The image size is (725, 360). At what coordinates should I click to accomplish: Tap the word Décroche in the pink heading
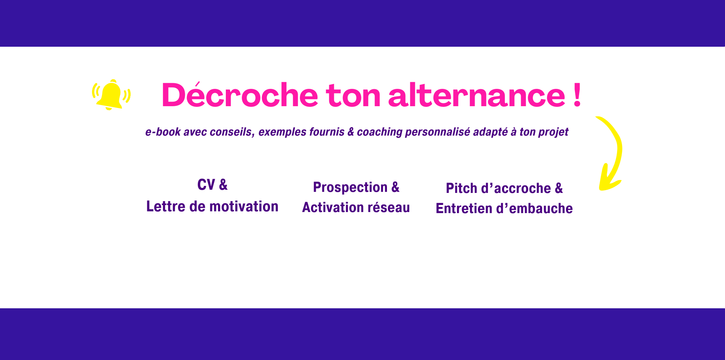coord(240,95)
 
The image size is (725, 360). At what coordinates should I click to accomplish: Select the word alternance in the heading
coord(477,95)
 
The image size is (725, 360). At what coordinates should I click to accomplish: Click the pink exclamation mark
coord(577,95)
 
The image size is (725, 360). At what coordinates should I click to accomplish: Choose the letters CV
coord(206,184)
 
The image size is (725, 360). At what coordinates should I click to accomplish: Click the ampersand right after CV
coord(223,184)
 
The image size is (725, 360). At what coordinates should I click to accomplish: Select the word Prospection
coord(350,187)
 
